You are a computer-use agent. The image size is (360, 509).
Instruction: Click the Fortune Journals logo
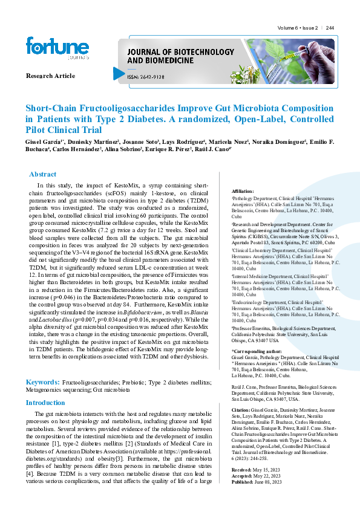click(49, 47)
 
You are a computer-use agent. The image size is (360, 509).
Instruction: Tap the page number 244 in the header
click(330, 28)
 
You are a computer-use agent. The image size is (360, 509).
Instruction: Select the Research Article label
click(51, 76)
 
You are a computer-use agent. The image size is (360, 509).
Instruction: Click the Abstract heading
click(43, 174)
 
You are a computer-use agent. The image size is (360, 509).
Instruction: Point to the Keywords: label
click(42, 382)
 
